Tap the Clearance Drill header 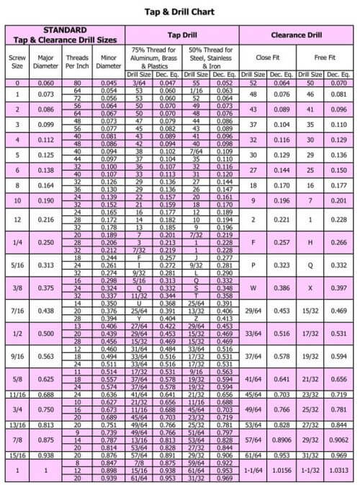[x=296, y=35]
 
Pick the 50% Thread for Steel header [x=210, y=57]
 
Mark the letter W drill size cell [x=253, y=288]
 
